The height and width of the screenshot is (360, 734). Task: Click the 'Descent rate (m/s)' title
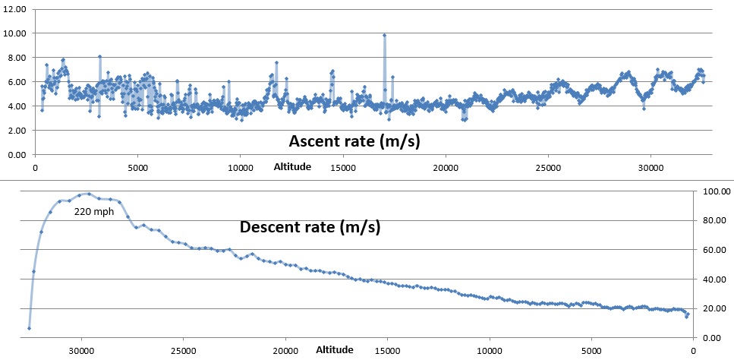coord(310,226)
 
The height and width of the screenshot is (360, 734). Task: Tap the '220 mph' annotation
coord(93,213)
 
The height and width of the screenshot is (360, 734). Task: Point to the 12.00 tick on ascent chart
coord(16,9)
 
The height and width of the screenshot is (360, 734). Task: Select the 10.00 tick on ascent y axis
coord(16,33)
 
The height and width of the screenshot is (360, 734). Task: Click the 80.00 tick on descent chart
coord(717,221)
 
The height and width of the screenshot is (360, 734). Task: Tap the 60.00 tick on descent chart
coord(717,250)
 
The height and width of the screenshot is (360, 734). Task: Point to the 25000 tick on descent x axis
coord(183,350)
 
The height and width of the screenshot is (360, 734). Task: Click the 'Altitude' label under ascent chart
coord(292,166)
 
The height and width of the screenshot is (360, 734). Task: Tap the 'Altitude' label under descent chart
coord(335,350)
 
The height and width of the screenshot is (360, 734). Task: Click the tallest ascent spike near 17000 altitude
coord(385,35)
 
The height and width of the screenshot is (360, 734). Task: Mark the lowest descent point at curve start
coord(29,328)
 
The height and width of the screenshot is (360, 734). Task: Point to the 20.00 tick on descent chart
coord(717,308)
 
